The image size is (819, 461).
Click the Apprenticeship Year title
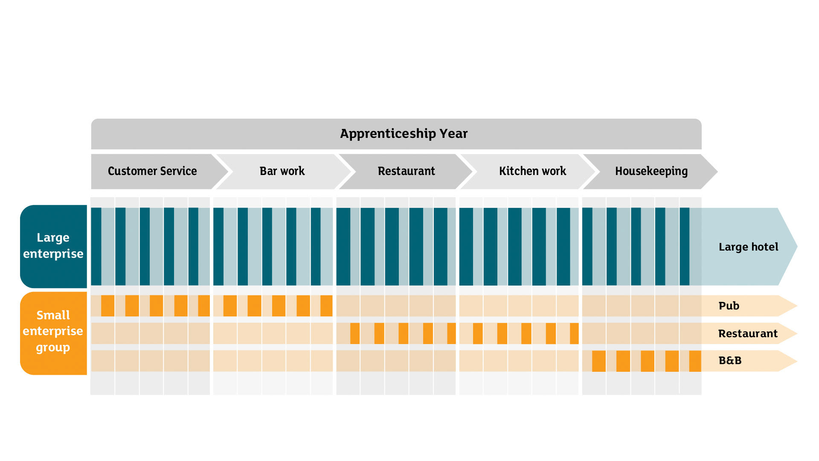(x=404, y=134)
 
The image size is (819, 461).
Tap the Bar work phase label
(x=282, y=171)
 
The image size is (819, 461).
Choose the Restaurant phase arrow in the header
(x=405, y=172)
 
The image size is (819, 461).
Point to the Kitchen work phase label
(x=532, y=171)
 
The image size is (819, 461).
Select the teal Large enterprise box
(x=53, y=246)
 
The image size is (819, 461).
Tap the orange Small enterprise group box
(x=53, y=333)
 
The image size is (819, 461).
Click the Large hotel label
(x=748, y=247)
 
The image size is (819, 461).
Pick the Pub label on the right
(x=729, y=306)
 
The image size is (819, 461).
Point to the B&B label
(x=730, y=361)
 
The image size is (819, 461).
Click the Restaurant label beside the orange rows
(x=748, y=333)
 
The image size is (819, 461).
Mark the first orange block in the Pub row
(x=107, y=306)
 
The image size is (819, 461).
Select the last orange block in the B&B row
(x=695, y=361)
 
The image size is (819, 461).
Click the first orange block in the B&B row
(x=599, y=361)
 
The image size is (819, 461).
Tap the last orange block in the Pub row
(x=326, y=306)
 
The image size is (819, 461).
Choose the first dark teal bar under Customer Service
(x=96, y=247)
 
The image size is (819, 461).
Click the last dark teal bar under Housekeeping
(x=685, y=247)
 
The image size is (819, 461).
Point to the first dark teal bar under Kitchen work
(x=466, y=247)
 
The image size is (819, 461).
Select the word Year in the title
(x=453, y=134)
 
